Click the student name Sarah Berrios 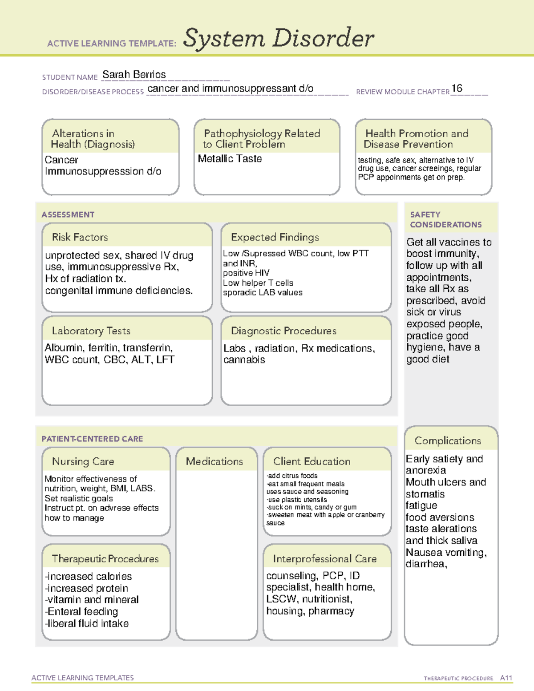point(134,75)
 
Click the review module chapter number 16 point(457,89)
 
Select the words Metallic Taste point(230,159)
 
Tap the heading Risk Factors point(80,237)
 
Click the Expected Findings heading point(275,237)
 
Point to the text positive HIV point(246,273)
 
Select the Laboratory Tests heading point(91,331)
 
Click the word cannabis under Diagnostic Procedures point(244,360)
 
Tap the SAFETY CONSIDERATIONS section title point(445,220)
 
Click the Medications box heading point(214,461)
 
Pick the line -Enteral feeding point(82,612)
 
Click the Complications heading point(448,440)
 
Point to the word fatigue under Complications point(421,506)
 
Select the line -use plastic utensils point(296,500)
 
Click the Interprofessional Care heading point(324,558)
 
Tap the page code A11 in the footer point(506,678)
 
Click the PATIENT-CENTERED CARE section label point(92,439)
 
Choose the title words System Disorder point(278,38)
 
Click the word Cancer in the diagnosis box point(61,160)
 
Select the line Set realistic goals point(78,499)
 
